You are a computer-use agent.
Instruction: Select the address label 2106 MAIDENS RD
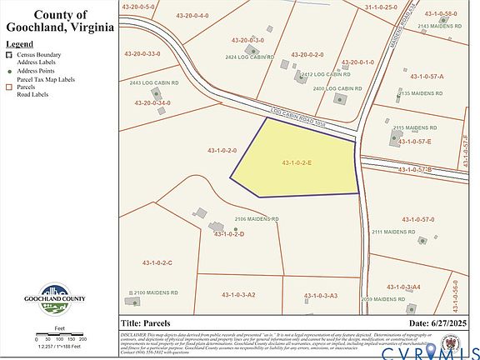click(256, 219)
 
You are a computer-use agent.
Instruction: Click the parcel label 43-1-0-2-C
click(157, 262)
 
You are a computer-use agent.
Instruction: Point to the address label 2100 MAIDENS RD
click(156, 293)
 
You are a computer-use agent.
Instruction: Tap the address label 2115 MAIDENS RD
click(415, 127)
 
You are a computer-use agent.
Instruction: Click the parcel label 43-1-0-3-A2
click(238, 295)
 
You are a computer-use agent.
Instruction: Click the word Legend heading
click(19, 42)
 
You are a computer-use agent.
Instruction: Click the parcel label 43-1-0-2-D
click(228, 234)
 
